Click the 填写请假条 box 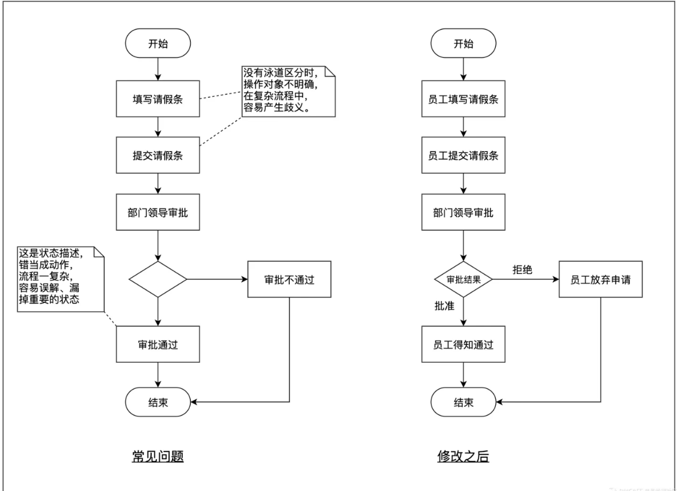pyautogui.click(x=158, y=99)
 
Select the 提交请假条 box pyautogui.click(x=158, y=156)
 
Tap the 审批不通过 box pyautogui.click(x=289, y=279)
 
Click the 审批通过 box pyautogui.click(x=158, y=344)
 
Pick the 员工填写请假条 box pyautogui.click(x=463, y=99)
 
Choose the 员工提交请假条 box pyautogui.click(x=463, y=156)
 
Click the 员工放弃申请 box pyautogui.click(x=600, y=279)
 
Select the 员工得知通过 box pyautogui.click(x=463, y=344)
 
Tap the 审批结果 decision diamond pyautogui.click(x=463, y=279)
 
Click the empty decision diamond pyautogui.click(x=158, y=279)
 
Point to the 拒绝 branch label pyautogui.click(x=523, y=270)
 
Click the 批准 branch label pyautogui.click(x=444, y=306)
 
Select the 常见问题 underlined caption pyautogui.click(x=158, y=456)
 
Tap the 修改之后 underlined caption pyautogui.click(x=463, y=456)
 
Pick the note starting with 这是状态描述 pyautogui.click(x=61, y=279)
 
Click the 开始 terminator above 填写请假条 pyautogui.click(x=158, y=43)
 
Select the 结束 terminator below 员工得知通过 pyautogui.click(x=463, y=402)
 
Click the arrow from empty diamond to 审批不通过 pyautogui.click(x=217, y=279)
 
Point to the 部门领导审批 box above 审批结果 pyautogui.click(x=463, y=212)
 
